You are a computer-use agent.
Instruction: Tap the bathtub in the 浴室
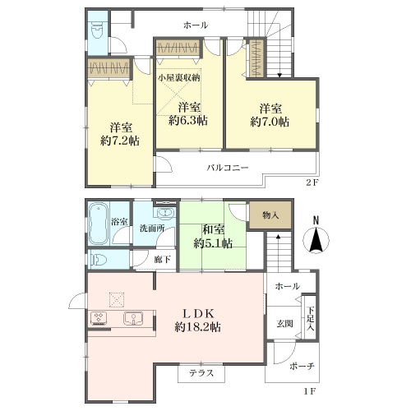click(x=99, y=224)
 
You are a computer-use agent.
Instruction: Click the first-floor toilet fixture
click(x=97, y=260)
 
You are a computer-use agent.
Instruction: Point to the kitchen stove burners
click(x=99, y=318)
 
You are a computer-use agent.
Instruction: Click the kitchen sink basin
click(x=133, y=318)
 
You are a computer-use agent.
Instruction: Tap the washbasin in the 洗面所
click(x=165, y=213)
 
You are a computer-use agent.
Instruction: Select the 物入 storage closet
click(x=270, y=215)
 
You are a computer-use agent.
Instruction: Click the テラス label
click(x=201, y=373)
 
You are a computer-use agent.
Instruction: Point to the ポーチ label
click(x=302, y=366)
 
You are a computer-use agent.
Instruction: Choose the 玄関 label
click(x=284, y=324)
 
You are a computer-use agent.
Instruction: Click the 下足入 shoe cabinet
click(x=310, y=318)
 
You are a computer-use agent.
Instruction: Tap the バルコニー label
click(x=228, y=167)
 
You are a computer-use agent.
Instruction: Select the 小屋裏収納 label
click(x=179, y=77)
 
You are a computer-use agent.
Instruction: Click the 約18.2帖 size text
click(x=197, y=327)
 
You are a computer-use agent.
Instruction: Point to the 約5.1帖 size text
click(x=213, y=243)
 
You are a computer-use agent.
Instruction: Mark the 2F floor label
click(x=312, y=182)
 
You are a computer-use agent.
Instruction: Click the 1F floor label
click(x=310, y=391)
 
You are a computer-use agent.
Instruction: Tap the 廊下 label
click(x=162, y=259)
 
